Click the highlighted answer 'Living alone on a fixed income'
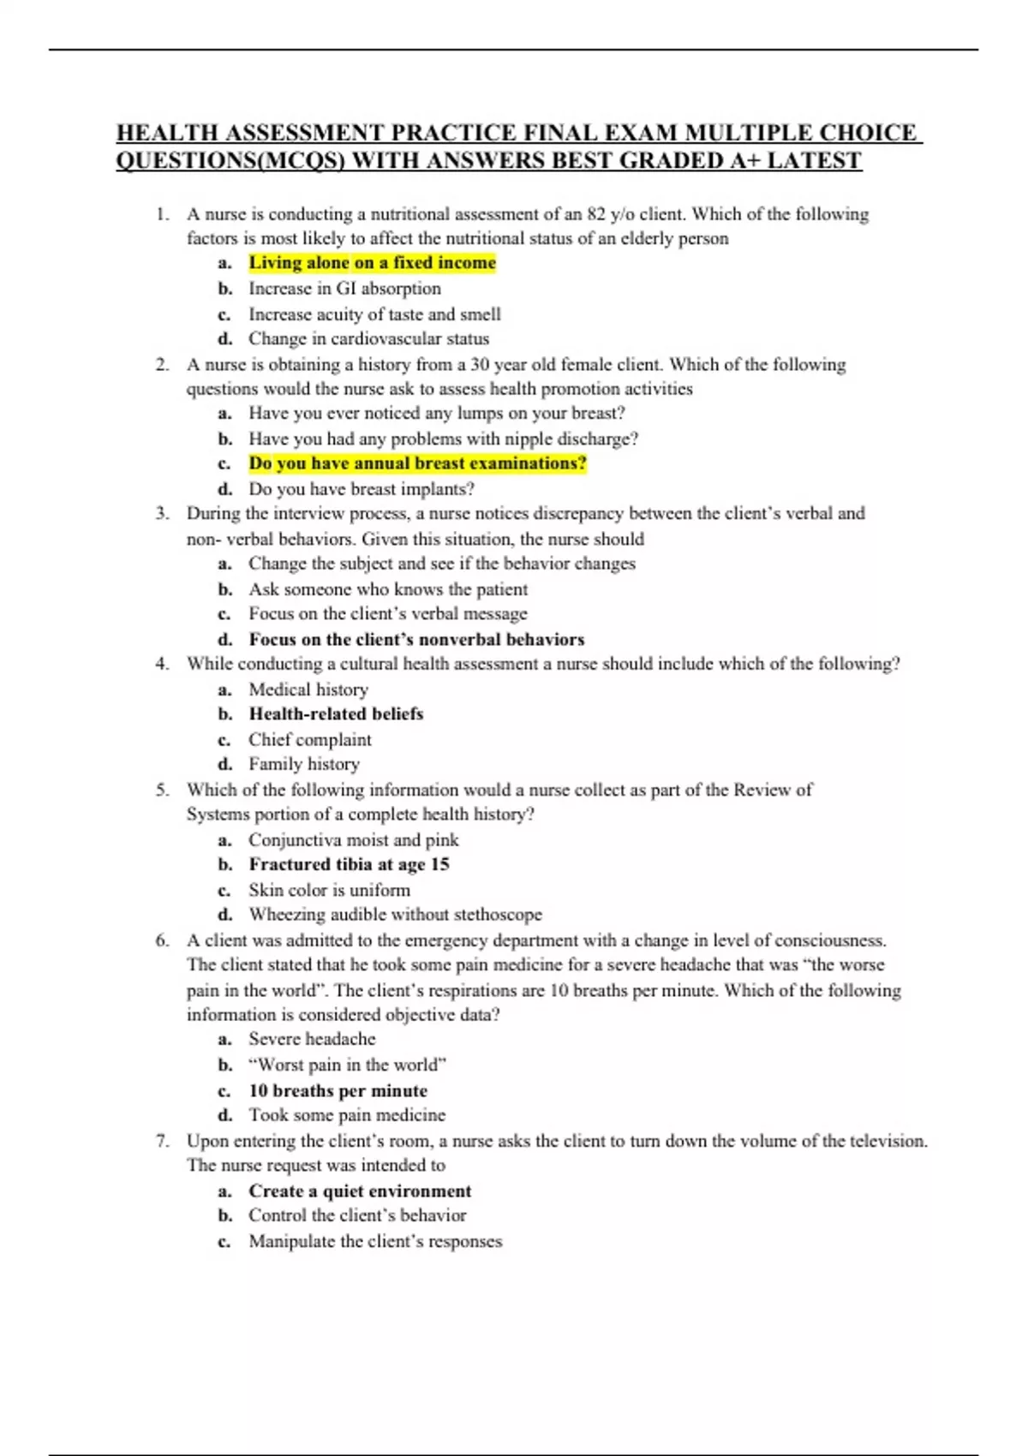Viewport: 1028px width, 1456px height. tap(372, 263)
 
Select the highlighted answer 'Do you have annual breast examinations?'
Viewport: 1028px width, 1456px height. tap(417, 463)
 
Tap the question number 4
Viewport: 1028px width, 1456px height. tap(162, 664)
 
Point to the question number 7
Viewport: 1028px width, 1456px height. tap(162, 1141)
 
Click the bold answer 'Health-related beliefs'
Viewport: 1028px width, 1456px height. tap(336, 713)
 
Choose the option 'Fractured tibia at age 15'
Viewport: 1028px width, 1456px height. tap(349, 864)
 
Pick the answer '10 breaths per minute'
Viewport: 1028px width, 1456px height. tap(338, 1090)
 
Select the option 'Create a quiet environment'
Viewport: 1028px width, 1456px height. tap(360, 1190)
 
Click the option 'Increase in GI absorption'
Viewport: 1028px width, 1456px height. tap(344, 289)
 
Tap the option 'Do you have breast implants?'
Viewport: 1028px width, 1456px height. tap(362, 489)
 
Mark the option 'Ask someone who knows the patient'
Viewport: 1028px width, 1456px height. tap(388, 589)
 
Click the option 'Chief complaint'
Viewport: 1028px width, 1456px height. tap(310, 739)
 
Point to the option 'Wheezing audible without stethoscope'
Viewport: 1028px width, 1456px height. tap(395, 915)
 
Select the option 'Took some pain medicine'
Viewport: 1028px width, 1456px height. tap(347, 1115)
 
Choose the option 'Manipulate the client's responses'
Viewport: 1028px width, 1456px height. tap(375, 1241)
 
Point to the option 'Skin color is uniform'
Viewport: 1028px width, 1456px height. tap(329, 890)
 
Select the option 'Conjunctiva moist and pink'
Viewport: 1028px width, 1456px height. tap(353, 839)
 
